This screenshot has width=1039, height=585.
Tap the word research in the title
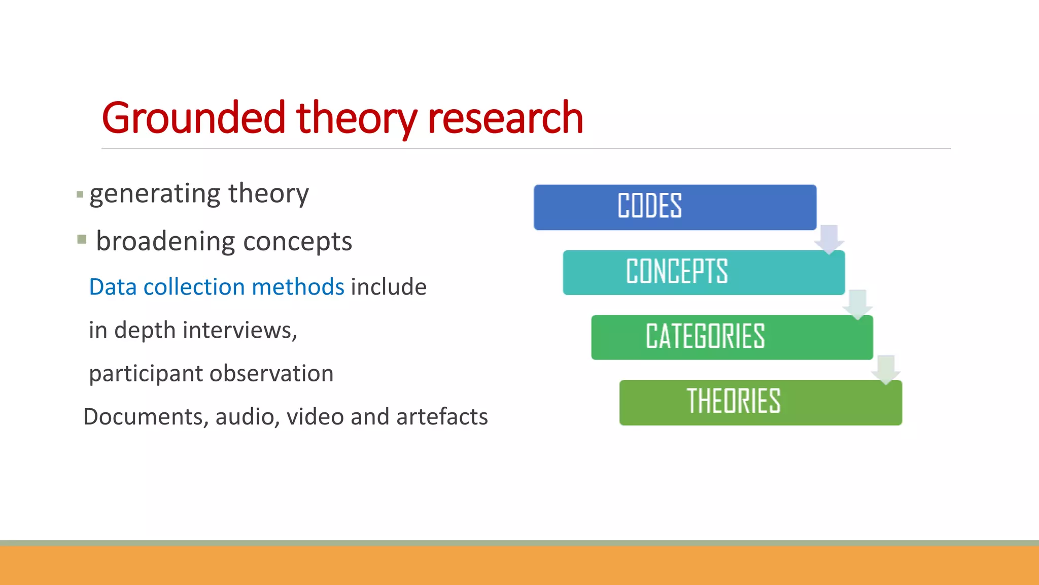(505, 118)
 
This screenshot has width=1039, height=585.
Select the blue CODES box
(675, 207)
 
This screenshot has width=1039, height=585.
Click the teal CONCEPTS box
(703, 272)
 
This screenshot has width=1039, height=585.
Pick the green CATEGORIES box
(732, 337)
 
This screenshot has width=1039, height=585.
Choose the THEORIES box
(760, 402)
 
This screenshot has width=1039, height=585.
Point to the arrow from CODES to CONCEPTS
(829, 239)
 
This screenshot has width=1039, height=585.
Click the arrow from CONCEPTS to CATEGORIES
(857, 304)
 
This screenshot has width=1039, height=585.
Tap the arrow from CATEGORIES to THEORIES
(886, 369)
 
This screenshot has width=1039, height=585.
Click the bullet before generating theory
(80, 194)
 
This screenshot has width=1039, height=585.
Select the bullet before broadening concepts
(82, 239)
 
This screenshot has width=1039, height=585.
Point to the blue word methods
(298, 287)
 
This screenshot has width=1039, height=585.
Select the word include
(389, 287)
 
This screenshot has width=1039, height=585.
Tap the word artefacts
(442, 417)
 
